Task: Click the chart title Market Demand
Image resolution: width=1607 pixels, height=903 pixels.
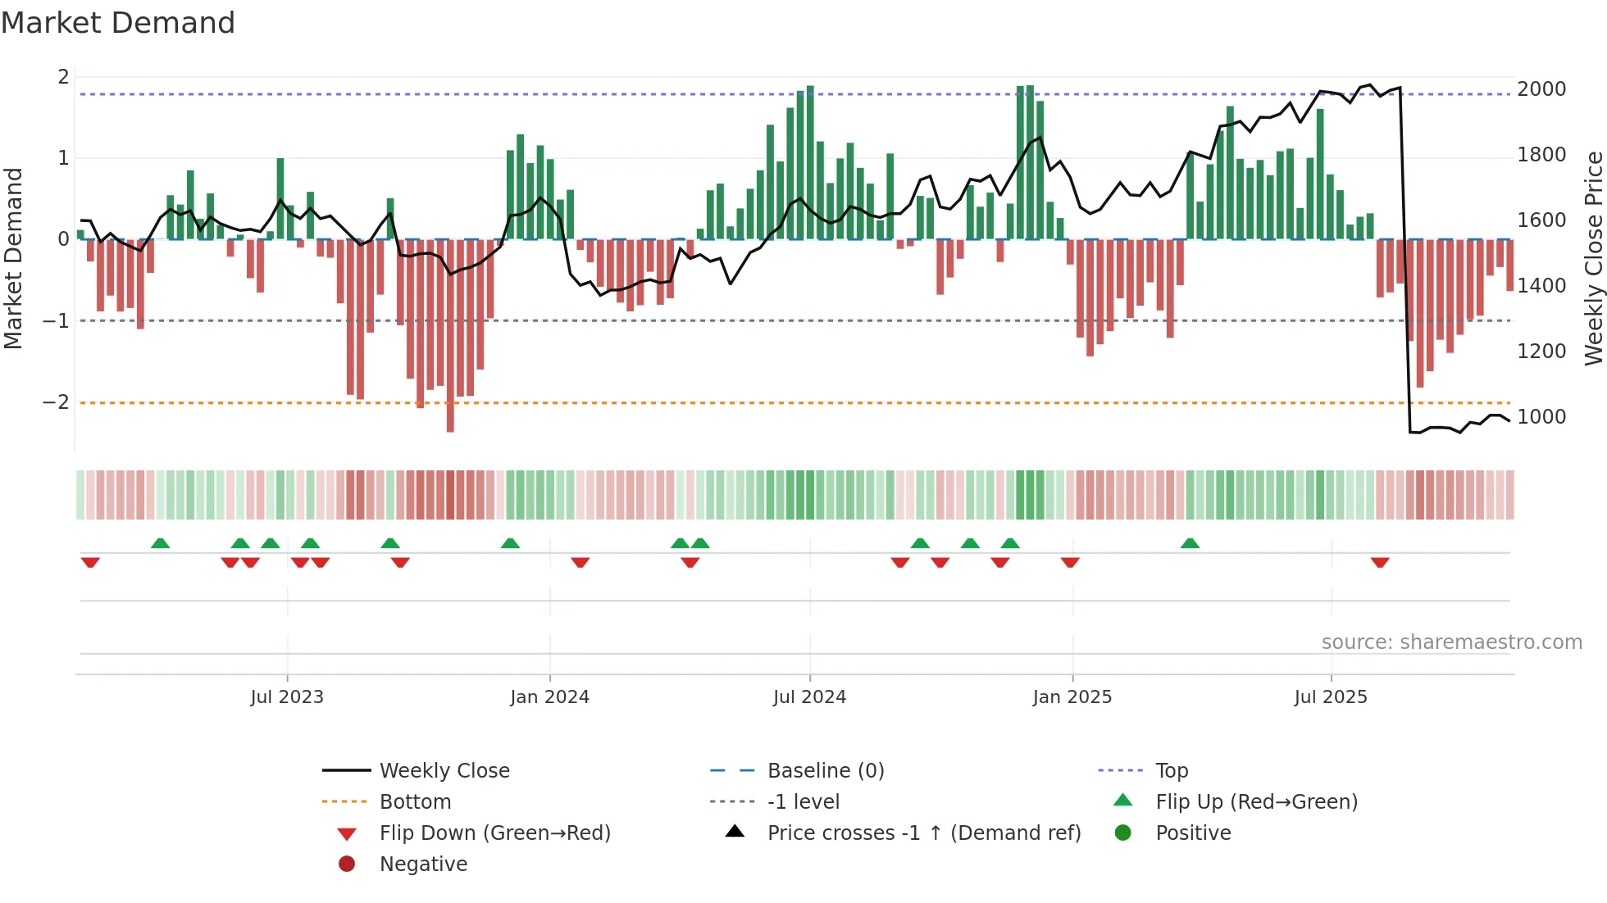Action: point(118,23)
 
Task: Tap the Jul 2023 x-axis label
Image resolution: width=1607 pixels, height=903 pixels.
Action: point(287,697)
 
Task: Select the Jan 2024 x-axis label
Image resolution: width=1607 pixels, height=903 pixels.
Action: point(549,697)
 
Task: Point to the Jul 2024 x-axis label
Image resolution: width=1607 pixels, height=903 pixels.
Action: point(809,697)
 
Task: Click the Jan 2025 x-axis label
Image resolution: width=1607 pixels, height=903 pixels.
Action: point(1072,697)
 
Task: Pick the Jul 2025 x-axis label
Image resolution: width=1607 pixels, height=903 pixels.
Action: point(1331,697)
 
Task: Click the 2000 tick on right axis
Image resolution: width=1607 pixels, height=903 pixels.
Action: point(1541,88)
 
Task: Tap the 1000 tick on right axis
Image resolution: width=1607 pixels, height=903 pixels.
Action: point(1541,416)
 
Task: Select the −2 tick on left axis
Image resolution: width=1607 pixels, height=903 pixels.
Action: point(56,402)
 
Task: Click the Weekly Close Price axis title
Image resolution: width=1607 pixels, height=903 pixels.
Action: point(1593,258)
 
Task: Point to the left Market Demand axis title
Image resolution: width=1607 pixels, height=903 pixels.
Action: point(13,258)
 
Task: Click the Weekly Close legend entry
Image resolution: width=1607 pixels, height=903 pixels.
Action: point(444,770)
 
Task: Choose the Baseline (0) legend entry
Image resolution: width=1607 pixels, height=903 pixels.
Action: point(826,770)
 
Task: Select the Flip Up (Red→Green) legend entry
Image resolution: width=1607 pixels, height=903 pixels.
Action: point(1256,801)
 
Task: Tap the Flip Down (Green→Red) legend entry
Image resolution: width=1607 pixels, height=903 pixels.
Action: point(494,833)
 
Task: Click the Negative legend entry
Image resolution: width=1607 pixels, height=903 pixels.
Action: point(423,864)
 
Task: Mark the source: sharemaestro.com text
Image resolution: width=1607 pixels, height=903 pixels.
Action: point(1451,642)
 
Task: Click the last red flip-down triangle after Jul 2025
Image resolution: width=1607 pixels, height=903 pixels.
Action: point(1380,562)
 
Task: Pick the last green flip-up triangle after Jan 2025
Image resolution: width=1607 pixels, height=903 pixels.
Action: point(1190,543)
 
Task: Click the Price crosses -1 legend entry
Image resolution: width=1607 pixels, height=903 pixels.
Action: point(923,833)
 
